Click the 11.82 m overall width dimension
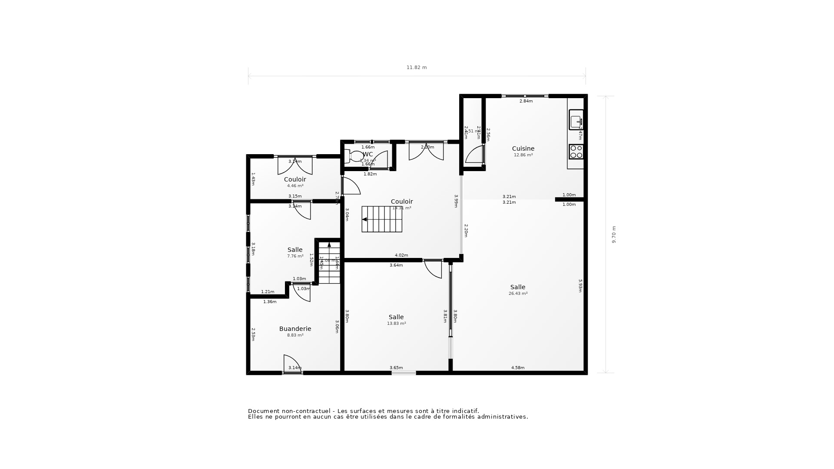tap(417, 68)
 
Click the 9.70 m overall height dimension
tap(614, 234)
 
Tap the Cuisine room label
tap(523, 149)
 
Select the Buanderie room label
tap(295, 329)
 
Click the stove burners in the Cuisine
tap(576, 152)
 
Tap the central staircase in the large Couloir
tap(382, 219)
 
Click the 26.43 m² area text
tap(518, 294)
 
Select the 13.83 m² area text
tap(396, 324)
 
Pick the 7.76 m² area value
tap(295, 256)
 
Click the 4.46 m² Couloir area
tap(295, 186)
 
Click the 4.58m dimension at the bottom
tap(517, 368)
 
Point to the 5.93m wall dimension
tap(580, 286)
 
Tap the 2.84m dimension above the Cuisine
tap(526, 101)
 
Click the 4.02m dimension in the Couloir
tap(401, 255)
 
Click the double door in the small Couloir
tap(295, 165)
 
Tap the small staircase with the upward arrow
tap(329, 263)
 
